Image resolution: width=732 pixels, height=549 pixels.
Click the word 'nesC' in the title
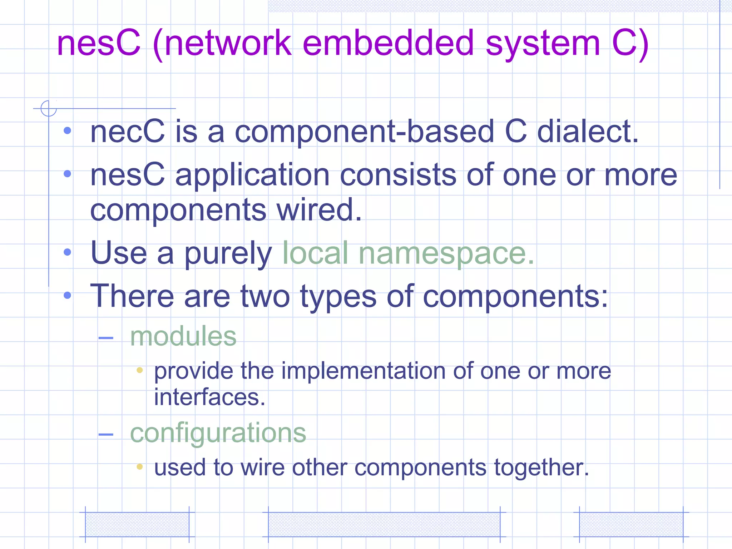[x=99, y=43]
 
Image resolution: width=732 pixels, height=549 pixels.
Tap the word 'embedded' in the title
[x=388, y=43]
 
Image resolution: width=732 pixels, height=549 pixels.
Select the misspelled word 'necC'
[x=128, y=132]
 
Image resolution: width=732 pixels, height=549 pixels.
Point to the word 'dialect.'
[x=588, y=132]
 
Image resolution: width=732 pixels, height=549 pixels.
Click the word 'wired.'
[x=319, y=210]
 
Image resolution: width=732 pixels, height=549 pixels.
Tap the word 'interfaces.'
[x=210, y=397]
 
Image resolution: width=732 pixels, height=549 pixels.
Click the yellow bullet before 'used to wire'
[x=140, y=466]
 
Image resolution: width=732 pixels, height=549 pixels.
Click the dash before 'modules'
[x=106, y=338]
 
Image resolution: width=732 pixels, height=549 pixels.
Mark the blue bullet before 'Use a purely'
[x=67, y=252]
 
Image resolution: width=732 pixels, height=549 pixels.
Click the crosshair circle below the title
[x=49, y=108]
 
